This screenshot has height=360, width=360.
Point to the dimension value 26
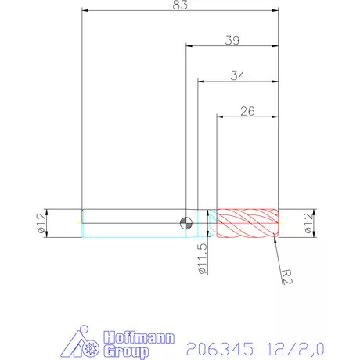point(247,111)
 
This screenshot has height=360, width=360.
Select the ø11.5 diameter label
point(203,257)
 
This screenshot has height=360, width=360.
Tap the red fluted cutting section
point(247,223)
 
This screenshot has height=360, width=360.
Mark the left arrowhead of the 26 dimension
point(220,117)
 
